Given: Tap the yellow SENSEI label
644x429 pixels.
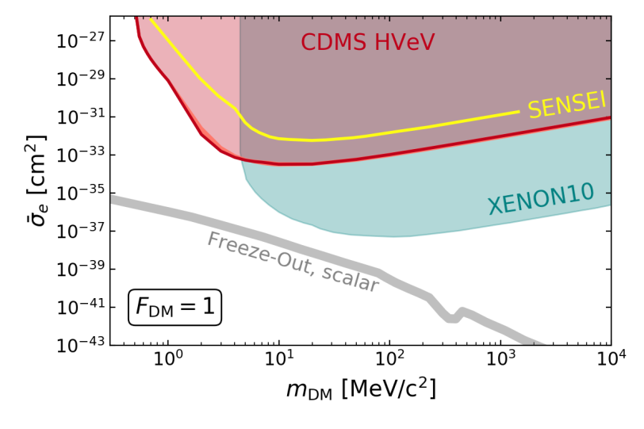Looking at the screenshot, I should tap(566, 105).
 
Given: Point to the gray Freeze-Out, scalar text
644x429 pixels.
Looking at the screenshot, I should tap(293, 262).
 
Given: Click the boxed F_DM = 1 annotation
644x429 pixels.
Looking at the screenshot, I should tap(174, 307).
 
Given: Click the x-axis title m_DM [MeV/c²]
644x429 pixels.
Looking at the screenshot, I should tap(361, 389).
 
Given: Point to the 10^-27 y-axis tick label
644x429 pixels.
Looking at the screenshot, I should tap(79, 41).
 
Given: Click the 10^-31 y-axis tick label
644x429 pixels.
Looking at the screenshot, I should tap(79, 117).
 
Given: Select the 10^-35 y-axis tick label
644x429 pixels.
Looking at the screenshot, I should tap(79, 193).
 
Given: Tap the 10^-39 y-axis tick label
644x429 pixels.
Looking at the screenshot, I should tap(79, 270).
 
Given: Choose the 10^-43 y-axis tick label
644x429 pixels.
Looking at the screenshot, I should tap(79, 346).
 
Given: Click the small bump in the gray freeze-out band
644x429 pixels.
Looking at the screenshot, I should tap(462, 312).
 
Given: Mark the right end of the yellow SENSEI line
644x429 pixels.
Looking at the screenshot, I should tap(519, 112).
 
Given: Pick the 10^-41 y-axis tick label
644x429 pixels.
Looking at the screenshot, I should tap(79, 308).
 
